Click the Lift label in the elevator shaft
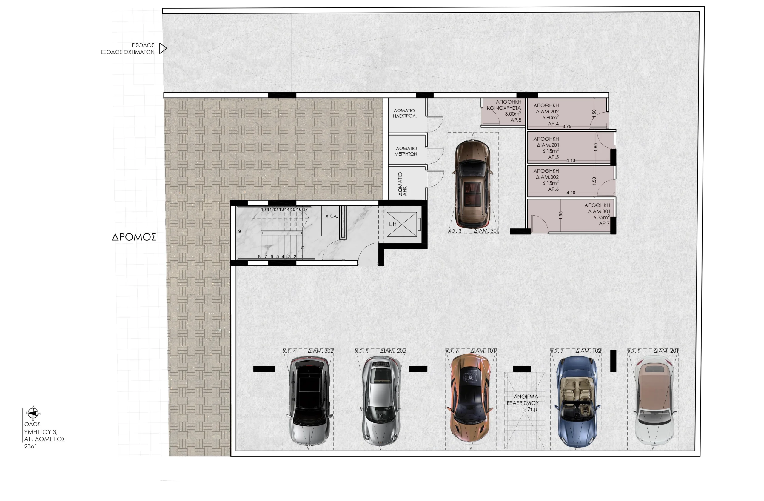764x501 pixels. click(392, 224)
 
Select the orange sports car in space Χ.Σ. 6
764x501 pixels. click(471, 399)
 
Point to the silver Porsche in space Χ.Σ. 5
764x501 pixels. click(381, 402)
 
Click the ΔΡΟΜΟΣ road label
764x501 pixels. click(134, 237)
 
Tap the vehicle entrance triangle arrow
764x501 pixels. click(163, 48)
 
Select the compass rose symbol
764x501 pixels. click(33, 413)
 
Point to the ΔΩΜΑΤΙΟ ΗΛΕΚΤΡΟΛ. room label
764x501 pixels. click(405, 113)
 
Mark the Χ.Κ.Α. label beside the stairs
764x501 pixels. click(332, 216)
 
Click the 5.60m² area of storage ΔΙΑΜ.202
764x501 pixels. click(550, 117)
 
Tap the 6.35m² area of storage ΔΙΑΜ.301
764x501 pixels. click(601, 217)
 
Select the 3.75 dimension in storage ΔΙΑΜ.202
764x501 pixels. click(567, 127)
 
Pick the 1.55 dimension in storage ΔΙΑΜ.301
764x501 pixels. click(560, 216)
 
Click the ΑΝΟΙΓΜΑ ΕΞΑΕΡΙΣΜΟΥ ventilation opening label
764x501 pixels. click(523, 400)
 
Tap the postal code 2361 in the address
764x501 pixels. click(30, 446)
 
